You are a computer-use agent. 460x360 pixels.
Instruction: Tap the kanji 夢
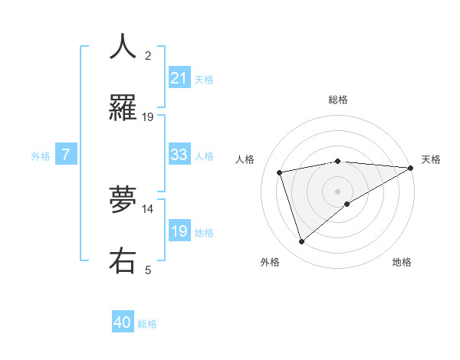[x=123, y=199]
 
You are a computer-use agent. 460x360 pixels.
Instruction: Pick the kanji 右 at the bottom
[x=123, y=260]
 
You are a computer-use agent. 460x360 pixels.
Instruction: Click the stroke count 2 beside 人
[x=148, y=56]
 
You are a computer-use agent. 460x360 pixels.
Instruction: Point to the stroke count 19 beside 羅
[x=148, y=117]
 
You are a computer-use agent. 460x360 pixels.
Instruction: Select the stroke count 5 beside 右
[x=148, y=270]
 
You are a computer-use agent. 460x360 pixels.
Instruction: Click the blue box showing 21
[x=179, y=78]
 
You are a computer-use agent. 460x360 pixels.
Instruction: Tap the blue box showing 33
[x=179, y=155]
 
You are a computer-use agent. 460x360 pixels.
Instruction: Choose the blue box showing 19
[x=179, y=231]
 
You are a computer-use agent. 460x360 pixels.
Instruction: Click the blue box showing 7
[x=66, y=155]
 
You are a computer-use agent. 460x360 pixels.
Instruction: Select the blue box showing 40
[x=123, y=323]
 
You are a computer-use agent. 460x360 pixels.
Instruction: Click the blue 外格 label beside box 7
[x=41, y=155]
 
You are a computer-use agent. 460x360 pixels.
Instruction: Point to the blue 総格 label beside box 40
[x=148, y=324]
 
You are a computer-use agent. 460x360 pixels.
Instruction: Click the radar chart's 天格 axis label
[x=431, y=159]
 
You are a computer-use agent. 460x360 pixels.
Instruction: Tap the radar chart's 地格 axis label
[x=402, y=263]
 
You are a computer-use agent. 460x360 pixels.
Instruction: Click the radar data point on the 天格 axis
[x=410, y=168]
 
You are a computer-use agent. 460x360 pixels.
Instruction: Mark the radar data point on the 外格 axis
[x=301, y=242]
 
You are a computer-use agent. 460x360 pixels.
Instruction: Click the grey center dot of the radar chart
[x=337, y=191]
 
